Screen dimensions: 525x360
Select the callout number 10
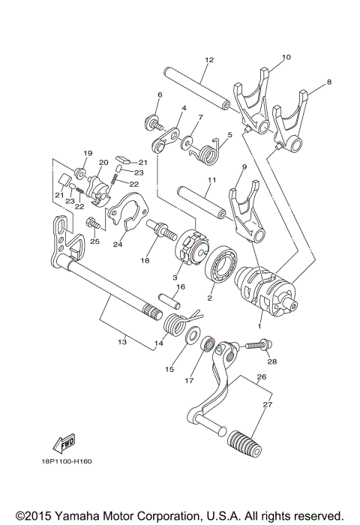pyautogui.click(x=286, y=56)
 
